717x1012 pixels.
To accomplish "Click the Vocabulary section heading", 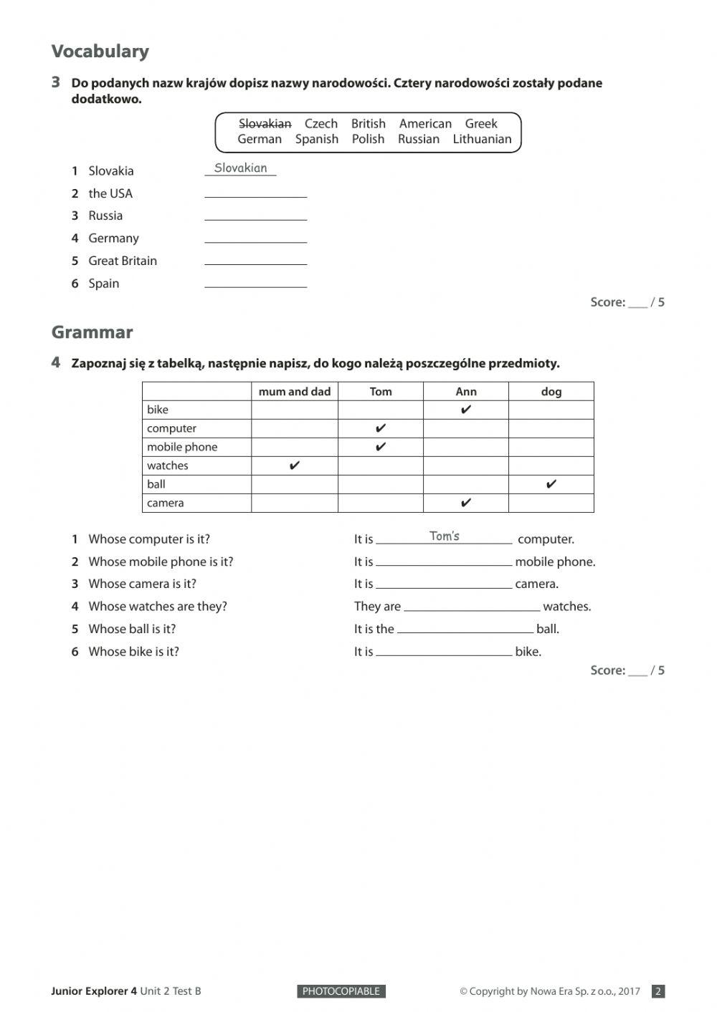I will click(100, 52).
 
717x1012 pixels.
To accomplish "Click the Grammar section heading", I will click(92, 332).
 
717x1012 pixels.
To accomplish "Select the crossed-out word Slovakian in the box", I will click(265, 124).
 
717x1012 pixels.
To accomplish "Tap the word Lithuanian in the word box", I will click(482, 140).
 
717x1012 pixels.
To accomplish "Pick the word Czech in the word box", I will click(320, 124).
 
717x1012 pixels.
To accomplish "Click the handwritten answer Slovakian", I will click(240, 168).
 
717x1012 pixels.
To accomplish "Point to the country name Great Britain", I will click(122, 261).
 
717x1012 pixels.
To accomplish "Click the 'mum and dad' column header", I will click(294, 392).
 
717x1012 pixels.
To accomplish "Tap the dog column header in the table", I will click(551, 392).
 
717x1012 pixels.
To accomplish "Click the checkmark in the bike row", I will click(465, 410).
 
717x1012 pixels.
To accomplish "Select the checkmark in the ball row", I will click(551, 484).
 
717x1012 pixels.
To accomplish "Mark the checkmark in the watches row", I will click(294, 466).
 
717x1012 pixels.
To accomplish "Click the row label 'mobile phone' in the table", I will click(181, 447).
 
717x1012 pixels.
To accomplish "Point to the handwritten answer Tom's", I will click(444, 536).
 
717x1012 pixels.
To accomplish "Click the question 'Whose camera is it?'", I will click(142, 584).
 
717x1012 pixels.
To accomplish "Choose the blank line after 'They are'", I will click(471, 607).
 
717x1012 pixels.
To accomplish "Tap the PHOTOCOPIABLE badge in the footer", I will click(341, 991).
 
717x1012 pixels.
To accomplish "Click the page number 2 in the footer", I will click(658, 991).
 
